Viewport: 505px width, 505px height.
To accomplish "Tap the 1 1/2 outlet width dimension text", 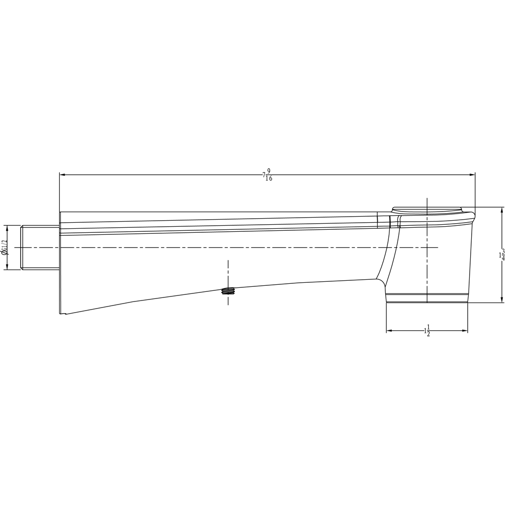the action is click(x=427, y=331).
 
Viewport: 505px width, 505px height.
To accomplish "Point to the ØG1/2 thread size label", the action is click(x=4, y=247).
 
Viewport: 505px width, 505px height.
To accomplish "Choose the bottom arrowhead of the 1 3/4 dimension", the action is click(x=501, y=299).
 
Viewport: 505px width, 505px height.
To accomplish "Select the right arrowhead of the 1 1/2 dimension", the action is click(x=464, y=331).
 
